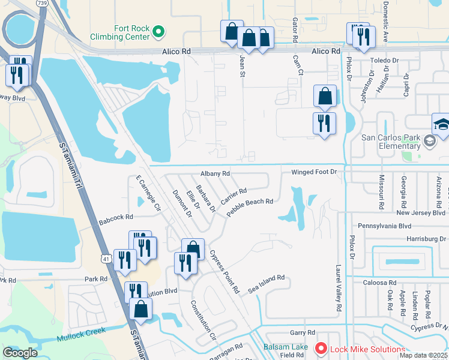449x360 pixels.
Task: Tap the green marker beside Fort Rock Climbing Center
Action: pyautogui.click(x=158, y=31)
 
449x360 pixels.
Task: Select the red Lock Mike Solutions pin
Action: pyautogui.click(x=321, y=348)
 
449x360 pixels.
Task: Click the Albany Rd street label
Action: pyautogui.click(x=215, y=173)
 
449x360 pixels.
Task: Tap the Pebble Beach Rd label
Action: pyautogui.click(x=250, y=207)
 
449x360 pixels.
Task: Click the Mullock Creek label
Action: pyautogui.click(x=81, y=334)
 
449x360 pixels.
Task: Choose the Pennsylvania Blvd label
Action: pyautogui.click(x=384, y=226)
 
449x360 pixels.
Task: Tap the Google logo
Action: pyautogui.click(x=20, y=353)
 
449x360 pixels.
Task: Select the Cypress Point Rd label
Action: pyautogui.click(x=224, y=270)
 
